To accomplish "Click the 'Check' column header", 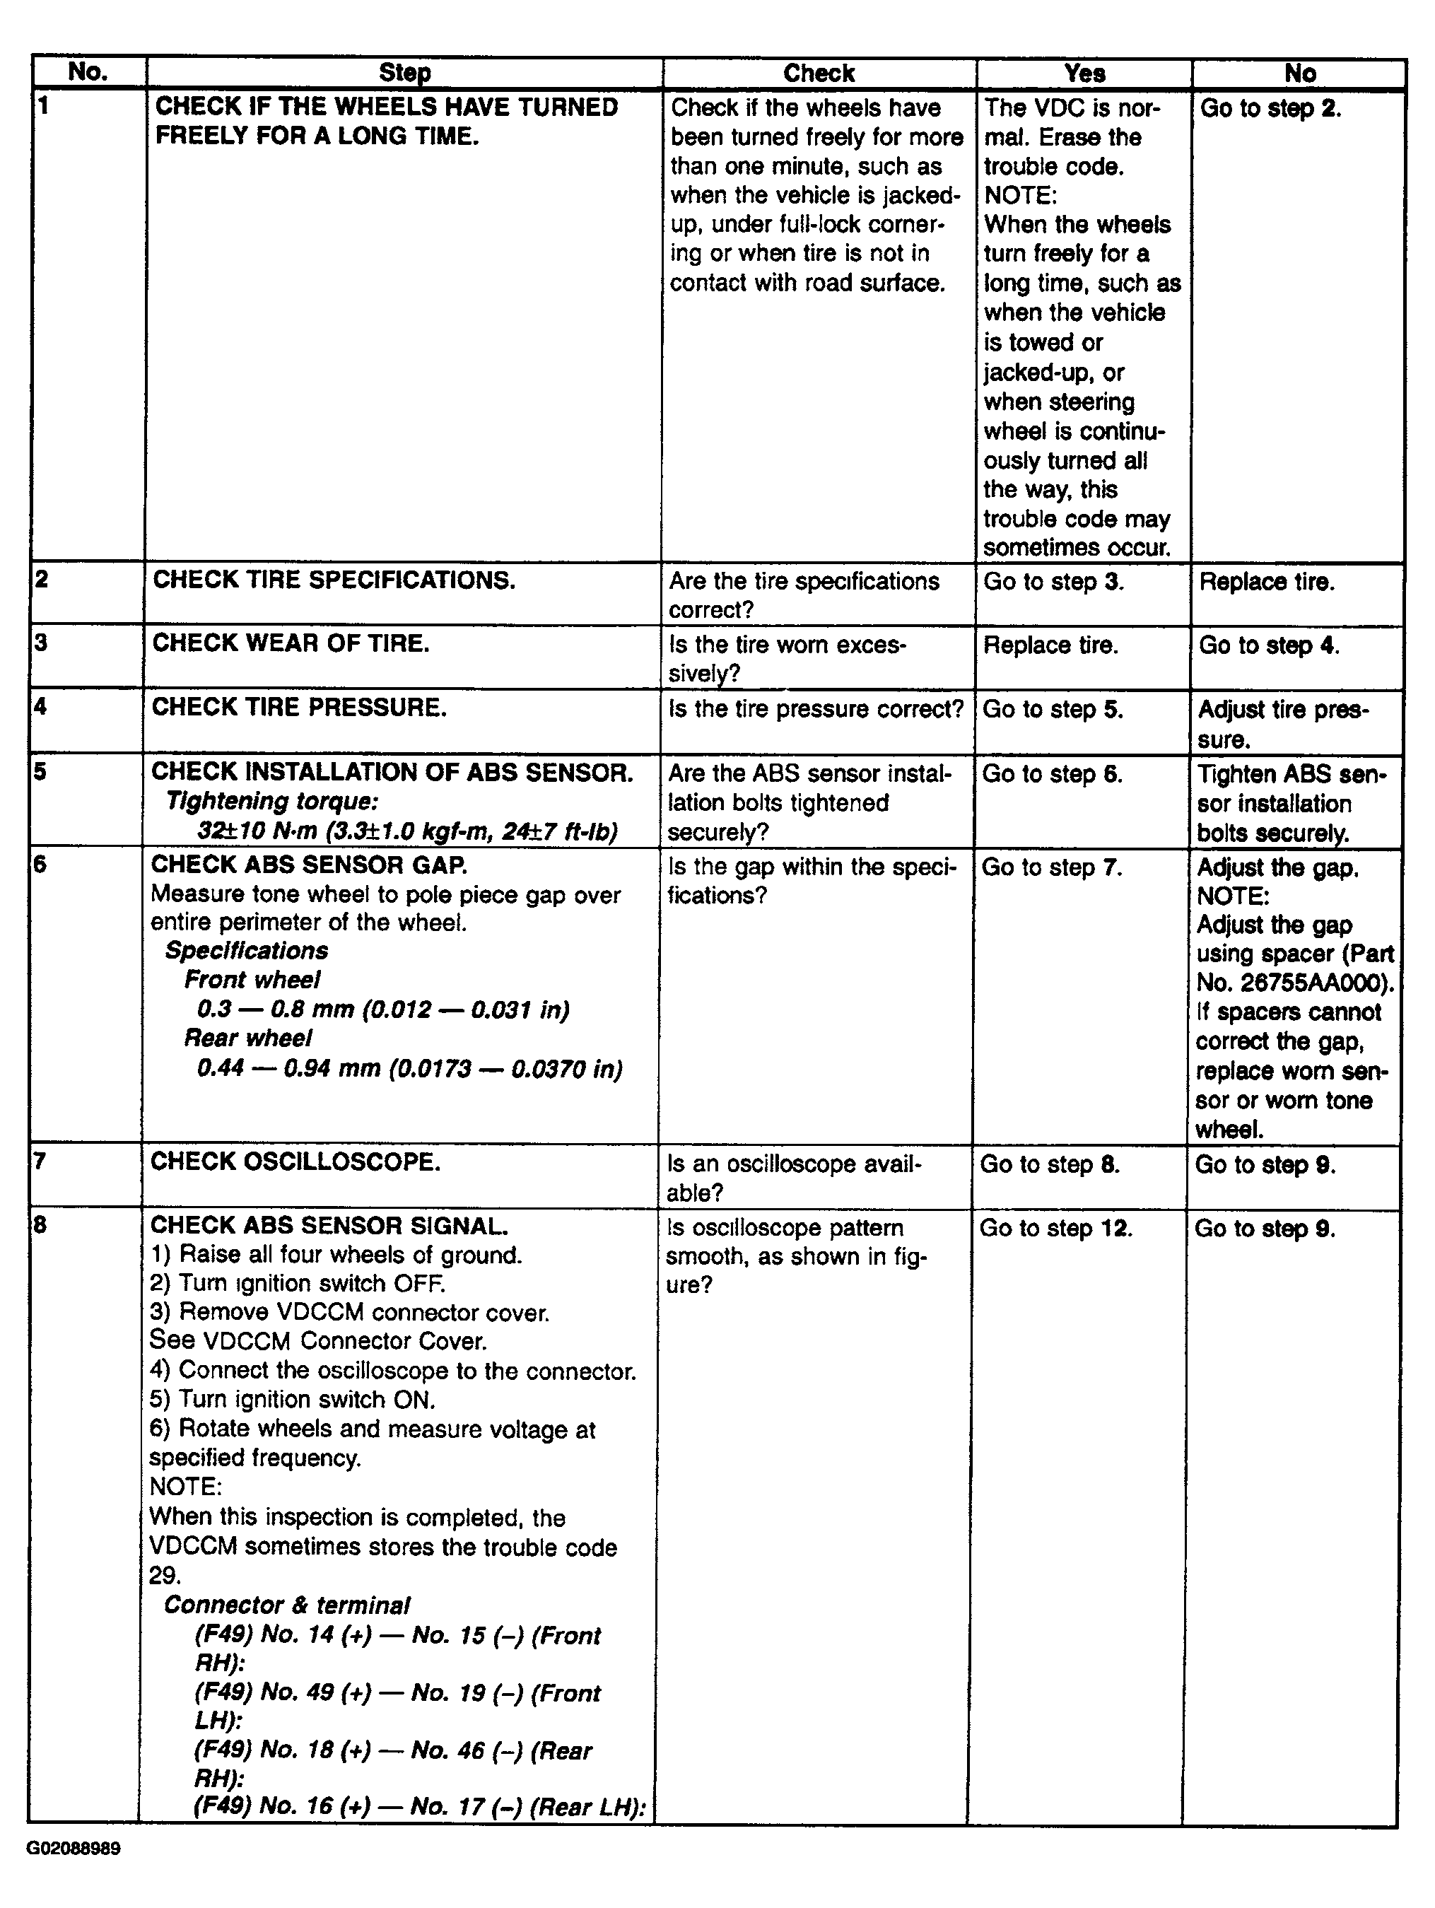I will [819, 74].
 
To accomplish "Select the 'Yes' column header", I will [1084, 74].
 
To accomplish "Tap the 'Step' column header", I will [404, 74].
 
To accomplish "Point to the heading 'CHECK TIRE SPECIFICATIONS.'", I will [334, 580].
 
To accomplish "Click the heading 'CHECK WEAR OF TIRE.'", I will [291, 643].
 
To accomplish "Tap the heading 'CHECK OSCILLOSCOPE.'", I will [295, 1162].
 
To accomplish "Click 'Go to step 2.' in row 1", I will [1270, 109].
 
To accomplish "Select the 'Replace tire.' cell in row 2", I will [1266, 583].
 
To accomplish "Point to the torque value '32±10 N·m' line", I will [408, 831].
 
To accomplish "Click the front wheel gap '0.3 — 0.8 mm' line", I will [383, 1009].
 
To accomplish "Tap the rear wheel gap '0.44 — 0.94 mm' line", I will [409, 1069].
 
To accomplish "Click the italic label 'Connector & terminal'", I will [286, 1605].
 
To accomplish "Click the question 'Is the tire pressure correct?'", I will [816, 709].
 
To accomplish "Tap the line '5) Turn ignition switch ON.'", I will [293, 1399].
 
